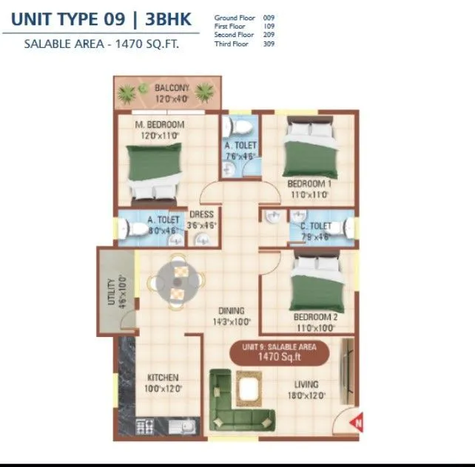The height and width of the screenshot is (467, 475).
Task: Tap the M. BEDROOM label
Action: [159, 125]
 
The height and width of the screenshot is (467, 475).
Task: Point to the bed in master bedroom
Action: [153, 171]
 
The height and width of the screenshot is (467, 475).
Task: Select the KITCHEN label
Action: [162, 378]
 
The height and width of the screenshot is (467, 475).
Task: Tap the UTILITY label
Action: [111, 291]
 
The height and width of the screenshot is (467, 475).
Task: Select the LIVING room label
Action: [306, 384]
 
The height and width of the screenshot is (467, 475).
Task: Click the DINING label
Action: [231, 311]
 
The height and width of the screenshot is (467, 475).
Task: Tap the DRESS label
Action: [202, 215]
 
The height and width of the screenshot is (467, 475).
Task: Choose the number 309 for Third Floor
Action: [269, 44]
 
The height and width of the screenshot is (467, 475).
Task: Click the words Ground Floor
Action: [233, 17]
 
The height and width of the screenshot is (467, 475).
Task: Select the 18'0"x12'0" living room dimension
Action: [306, 395]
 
